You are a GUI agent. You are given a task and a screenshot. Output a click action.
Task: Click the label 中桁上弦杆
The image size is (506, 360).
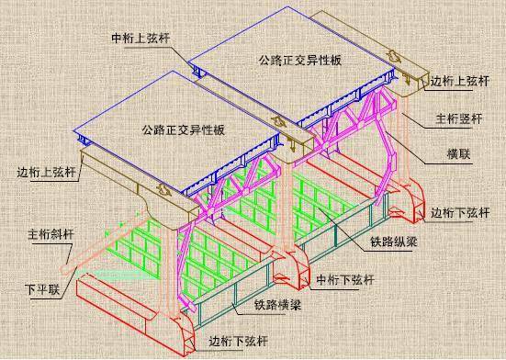[139, 39]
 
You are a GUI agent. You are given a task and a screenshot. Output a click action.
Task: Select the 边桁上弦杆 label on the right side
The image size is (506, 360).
[460, 81]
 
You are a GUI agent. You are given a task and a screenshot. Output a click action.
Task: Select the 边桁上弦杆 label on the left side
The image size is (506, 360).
[48, 171]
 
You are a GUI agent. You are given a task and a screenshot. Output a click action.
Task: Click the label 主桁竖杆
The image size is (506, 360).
[456, 118]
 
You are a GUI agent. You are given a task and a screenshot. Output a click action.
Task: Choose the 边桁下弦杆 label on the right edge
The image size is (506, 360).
[460, 211]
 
